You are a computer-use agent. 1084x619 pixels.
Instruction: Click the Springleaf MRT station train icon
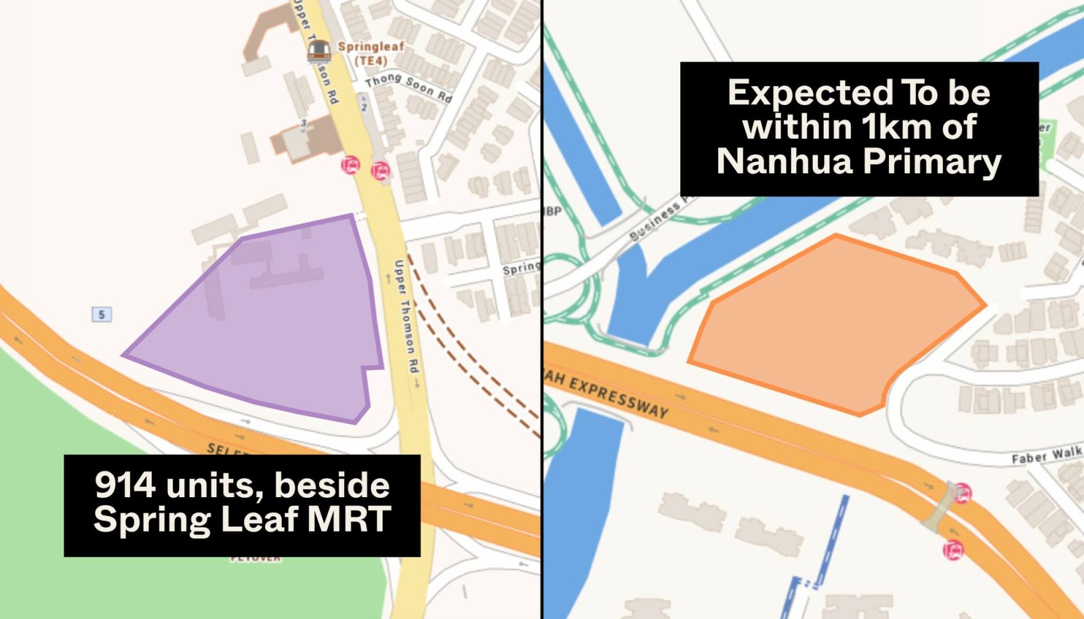pyautogui.click(x=319, y=50)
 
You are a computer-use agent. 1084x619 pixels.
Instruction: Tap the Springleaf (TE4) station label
pyautogui.click(x=371, y=54)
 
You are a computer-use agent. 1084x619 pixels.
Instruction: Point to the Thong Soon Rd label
pyautogui.click(x=408, y=87)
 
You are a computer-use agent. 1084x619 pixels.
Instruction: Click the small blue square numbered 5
pyautogui.click(x=102, y=314)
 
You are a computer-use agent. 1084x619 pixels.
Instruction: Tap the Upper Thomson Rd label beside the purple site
pyautogui.click(x=406, y=316)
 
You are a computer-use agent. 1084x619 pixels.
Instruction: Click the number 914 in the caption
pyautogui.click(x=125, y=485)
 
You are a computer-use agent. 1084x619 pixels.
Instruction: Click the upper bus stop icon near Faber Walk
pyautogui.click(x=962, y=493)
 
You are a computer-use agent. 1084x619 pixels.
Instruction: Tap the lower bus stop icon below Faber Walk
pyautogui.click(x=953, y=549)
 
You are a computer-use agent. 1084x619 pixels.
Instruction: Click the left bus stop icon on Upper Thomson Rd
pyautogui.click(x=350, y=165)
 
